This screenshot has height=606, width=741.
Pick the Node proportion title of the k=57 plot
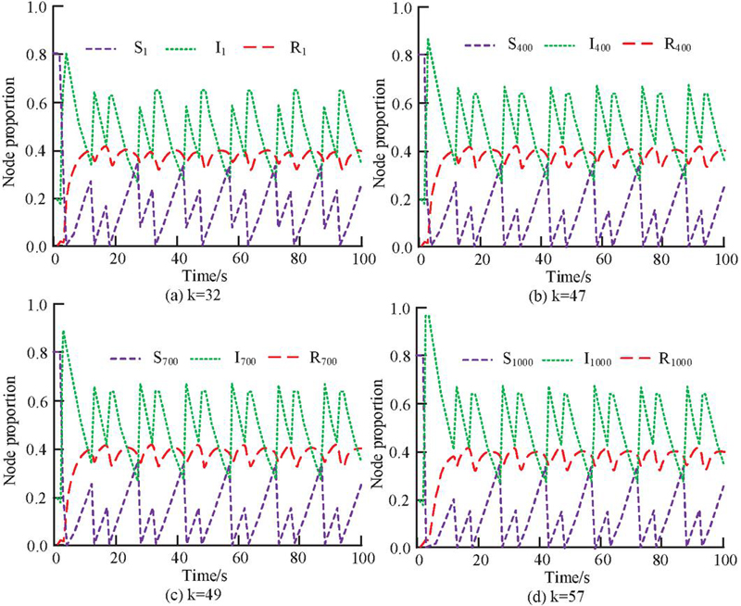383,427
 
